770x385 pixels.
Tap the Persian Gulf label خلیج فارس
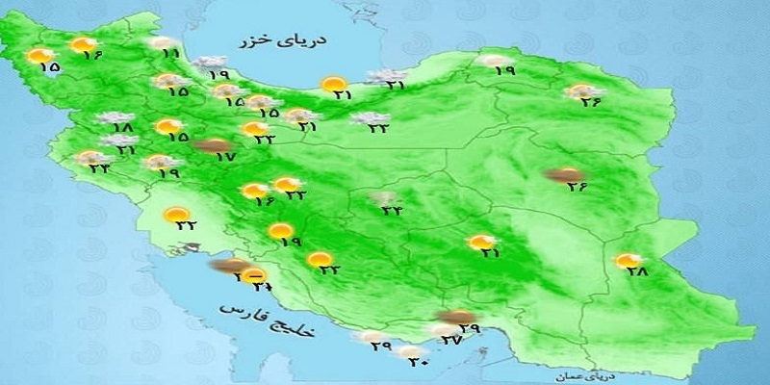click(253, 317)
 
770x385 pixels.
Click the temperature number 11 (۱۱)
click(172, 55)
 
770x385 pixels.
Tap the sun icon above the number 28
click(628, 260)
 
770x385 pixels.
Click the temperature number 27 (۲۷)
click(450, 340)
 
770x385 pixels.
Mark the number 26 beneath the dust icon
click(575, 187)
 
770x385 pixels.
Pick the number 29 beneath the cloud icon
click(380, 346)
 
